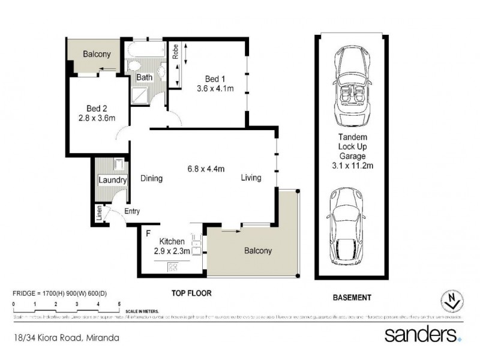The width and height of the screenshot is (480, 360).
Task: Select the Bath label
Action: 144,77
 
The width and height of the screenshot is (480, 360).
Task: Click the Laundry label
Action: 112,180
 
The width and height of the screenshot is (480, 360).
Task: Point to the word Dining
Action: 152,178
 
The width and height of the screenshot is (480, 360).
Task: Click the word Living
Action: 251,178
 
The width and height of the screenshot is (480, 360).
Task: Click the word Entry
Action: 132,211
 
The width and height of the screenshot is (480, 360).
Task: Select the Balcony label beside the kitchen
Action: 257,251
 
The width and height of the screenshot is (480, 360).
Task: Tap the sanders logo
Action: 423,334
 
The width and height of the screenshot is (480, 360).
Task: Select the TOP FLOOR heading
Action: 189,293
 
